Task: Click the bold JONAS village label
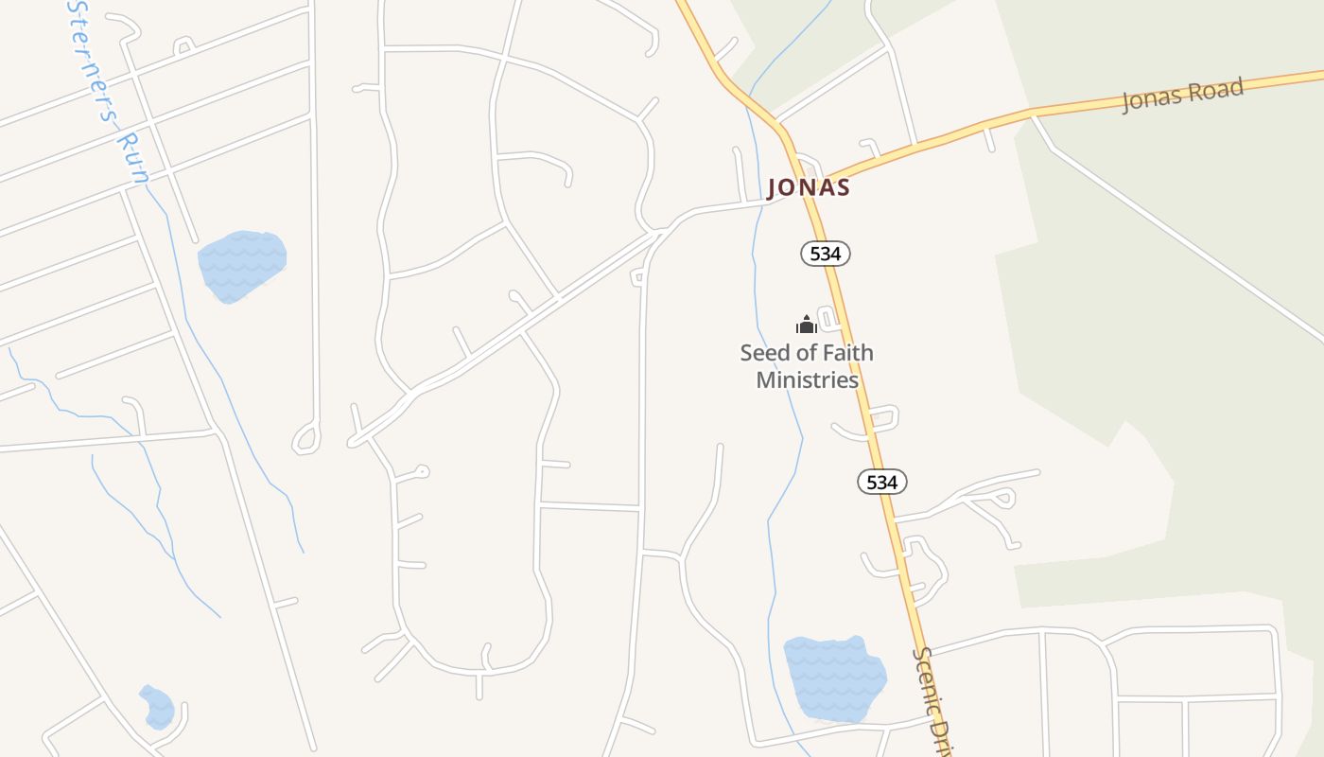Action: pos(809,187)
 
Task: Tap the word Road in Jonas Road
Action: pos(1215,92)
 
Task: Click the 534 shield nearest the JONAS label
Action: pos(826,254)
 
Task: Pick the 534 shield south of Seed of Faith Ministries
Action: pos(881,482)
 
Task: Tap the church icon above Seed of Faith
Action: pos(806,326)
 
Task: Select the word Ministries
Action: pos(807,380)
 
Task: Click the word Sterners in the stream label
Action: pos(92,62)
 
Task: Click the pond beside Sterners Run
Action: pos(241,265)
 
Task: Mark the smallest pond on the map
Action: pos(157,707)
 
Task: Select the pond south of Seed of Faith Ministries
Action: pos(834,678)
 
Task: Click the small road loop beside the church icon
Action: pos(828,318)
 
